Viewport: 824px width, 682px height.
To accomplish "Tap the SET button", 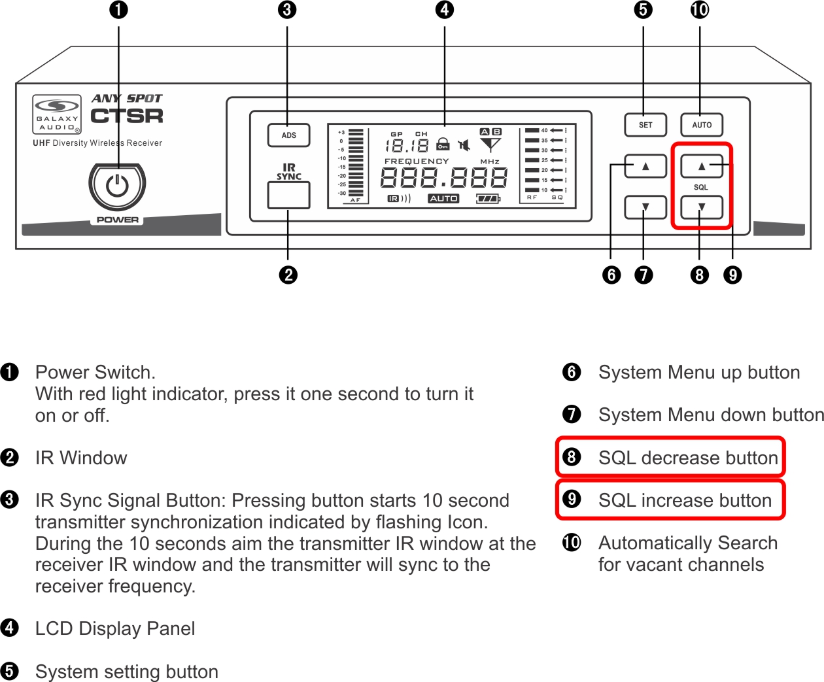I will tap(645, 125).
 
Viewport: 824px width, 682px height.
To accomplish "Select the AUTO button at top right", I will tap(702, 125).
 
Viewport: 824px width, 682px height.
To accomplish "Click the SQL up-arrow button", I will tap(702, 166).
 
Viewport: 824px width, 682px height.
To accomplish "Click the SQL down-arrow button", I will tap(702, 207).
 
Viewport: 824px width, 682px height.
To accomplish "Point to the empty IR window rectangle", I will tap(288, 195).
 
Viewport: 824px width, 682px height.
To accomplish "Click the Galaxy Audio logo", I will tap(57, 114).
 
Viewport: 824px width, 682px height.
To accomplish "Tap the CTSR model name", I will tap(127, 116).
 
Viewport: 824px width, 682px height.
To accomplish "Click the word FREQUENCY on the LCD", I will tap(417, 161).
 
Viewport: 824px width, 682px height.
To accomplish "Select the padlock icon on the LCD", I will tap(443, 144).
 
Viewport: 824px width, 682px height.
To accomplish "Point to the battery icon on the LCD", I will tap(488, 198).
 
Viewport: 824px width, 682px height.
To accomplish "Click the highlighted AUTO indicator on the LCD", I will tap(443, 198).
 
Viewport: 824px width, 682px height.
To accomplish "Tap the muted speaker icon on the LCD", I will tap(464, 145).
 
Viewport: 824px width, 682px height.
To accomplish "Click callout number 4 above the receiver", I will tap(445, 10).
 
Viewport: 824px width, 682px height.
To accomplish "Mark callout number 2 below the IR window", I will tap(288, 275).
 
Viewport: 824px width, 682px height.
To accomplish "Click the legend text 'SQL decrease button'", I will tap(688, 458).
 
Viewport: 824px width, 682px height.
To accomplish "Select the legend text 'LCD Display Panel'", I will tap(115, 628).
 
